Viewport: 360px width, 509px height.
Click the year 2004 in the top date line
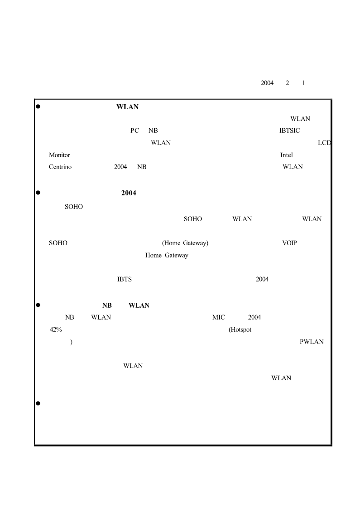coord(267,83)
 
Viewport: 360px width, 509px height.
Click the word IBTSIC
coord(290,131)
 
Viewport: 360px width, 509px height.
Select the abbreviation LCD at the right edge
coord(324,143)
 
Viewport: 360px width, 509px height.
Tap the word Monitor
coord(59,155)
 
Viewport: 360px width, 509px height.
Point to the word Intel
coord(286,155)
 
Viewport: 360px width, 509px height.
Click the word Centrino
coord(60,167)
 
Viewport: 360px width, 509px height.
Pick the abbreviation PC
coord(134,131)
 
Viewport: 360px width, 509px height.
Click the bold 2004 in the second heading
coord(129,193)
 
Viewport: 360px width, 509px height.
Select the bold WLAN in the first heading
coord(127,107)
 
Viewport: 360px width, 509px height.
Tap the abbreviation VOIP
coord(290,243)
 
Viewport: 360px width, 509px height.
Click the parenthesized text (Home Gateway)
coord(185,243)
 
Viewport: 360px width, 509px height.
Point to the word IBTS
coord(125,279)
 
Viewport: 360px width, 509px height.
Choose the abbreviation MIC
coord(219,317)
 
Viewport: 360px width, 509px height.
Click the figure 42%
coord(56,330)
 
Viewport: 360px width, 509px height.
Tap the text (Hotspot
coord(240,330)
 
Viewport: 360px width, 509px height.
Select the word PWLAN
coord(312,342)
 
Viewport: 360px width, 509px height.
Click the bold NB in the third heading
coord(107,305)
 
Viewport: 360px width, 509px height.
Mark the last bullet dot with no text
coord(38,403)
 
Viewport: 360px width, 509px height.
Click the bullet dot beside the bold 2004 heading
coord(38,193)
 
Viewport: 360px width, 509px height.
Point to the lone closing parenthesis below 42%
coord(72,342)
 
